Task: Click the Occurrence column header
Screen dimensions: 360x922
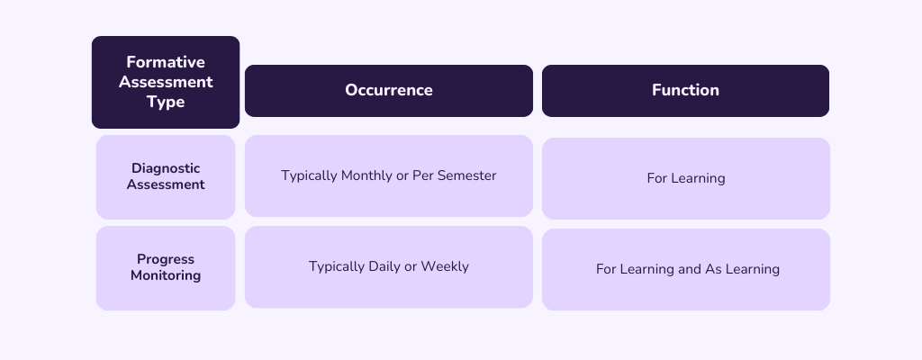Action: point(388,90)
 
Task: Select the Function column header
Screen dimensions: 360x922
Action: point(685,90)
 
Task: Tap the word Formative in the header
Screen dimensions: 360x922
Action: point(166,62)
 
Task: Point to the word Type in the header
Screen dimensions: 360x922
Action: point(166,102)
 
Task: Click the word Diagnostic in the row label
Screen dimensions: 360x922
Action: point(166,168)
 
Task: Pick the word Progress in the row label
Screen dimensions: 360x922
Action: point(166,259)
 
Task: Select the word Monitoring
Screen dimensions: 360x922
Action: point(166,275)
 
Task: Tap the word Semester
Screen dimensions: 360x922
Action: point(467,175)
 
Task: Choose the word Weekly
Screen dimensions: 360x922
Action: point(445,266)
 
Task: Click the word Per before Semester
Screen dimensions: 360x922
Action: point(423,175)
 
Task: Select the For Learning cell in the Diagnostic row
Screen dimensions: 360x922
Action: point(685,178)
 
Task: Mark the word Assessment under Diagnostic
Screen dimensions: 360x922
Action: point(166,184)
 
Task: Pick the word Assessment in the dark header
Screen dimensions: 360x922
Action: point(166,82)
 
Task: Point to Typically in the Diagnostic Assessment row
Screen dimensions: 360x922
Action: point(309,175)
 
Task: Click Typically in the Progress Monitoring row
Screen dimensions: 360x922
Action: point(337,266)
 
